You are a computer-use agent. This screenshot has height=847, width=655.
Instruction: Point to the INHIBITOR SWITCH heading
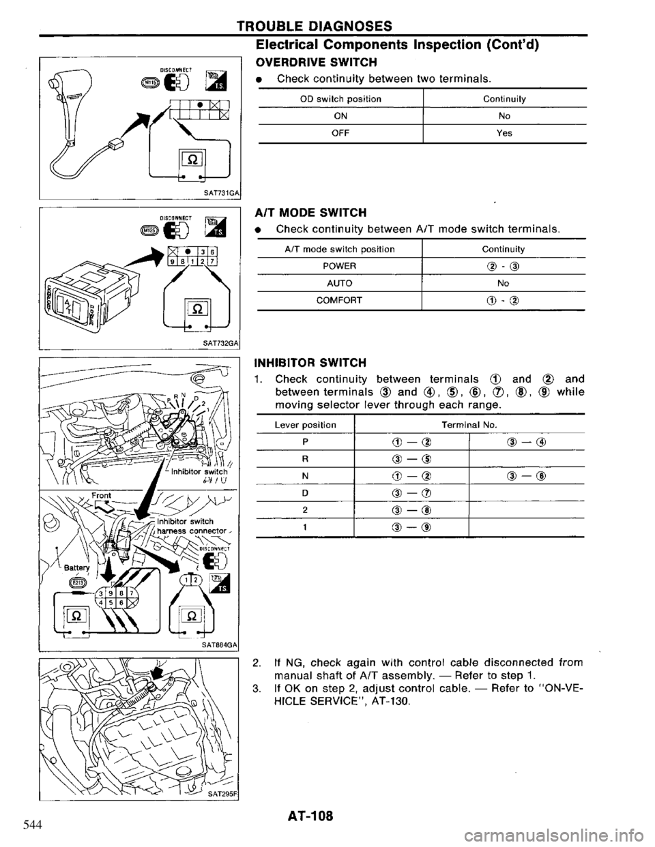(310, 361)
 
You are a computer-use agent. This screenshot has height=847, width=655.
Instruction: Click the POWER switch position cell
(337, 265)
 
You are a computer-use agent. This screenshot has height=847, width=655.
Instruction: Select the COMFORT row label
(337, 298)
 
